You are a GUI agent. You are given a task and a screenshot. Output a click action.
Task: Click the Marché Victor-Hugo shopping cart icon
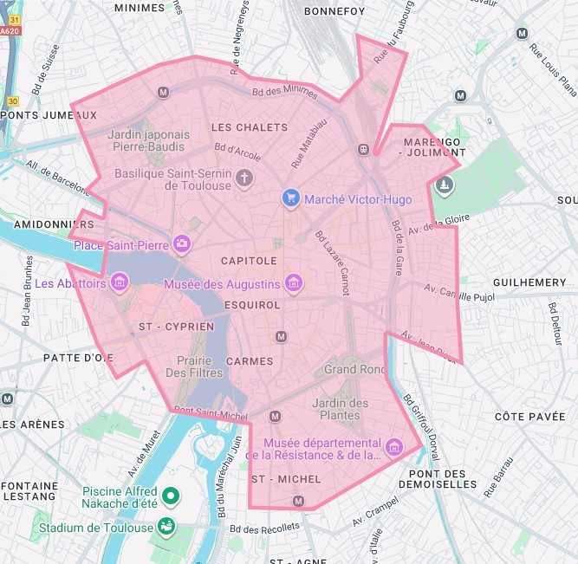(291, 198)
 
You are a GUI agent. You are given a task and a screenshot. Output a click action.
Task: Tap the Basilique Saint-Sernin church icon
(246, 178)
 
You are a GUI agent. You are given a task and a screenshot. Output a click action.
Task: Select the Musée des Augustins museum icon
(295, 283)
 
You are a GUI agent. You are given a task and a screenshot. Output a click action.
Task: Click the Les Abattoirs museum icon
(120, 282)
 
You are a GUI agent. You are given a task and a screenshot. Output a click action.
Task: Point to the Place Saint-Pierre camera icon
(182, 244)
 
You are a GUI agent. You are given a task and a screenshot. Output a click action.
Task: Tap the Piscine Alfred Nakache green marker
(172, 496)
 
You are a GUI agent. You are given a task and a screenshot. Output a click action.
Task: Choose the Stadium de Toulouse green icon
(165, 526)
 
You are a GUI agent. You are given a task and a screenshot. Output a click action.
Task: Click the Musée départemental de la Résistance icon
(394, 446)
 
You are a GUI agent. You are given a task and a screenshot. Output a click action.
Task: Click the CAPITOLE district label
(249, 261)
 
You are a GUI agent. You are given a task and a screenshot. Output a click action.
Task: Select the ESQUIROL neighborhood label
(252, 305)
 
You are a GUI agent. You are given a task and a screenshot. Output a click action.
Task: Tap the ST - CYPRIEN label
(176, 327)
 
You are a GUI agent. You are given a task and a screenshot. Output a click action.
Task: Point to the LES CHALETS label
(250, 127)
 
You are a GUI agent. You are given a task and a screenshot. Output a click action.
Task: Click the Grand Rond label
(353, 369)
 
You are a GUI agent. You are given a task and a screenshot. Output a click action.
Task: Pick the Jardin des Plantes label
(340, 409)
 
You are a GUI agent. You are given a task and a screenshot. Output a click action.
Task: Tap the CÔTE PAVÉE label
(529, 417)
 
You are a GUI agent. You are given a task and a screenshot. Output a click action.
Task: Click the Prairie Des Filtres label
(195, 366)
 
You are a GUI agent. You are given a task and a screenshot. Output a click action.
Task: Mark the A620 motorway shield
(10, 31)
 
